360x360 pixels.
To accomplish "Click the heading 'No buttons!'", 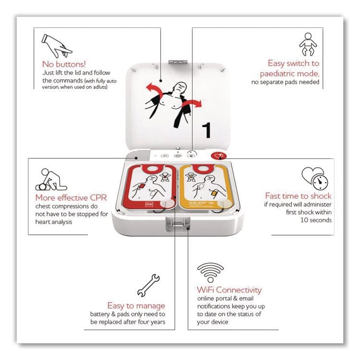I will pos(64,63).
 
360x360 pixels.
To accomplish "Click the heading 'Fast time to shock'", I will pos(298,196).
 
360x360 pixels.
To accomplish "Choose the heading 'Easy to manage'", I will pos(136,305).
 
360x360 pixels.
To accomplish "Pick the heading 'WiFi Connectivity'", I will pos(229,290).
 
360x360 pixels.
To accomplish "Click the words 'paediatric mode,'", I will pos(289,73).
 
